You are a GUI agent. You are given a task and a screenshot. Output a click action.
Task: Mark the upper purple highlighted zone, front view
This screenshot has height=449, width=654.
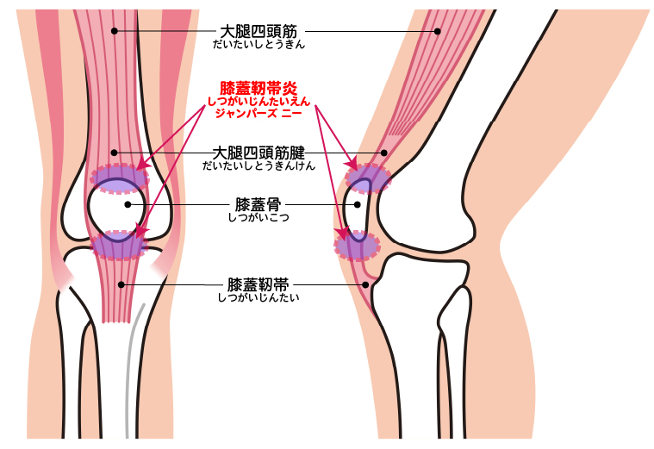(120, 178)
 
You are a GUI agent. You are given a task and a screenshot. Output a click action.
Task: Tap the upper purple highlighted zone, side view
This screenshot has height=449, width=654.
(369, 178)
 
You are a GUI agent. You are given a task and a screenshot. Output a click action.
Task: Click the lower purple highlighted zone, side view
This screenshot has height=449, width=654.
(358, 246)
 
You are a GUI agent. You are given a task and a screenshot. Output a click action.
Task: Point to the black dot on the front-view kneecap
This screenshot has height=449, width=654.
(128, 204)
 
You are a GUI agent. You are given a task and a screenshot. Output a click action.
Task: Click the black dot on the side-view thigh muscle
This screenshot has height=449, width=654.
(438, 31)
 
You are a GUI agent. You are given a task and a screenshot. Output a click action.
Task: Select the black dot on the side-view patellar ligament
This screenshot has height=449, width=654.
(366, 284)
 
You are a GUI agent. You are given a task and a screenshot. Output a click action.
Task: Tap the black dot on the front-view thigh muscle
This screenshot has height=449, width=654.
(114, 31)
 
